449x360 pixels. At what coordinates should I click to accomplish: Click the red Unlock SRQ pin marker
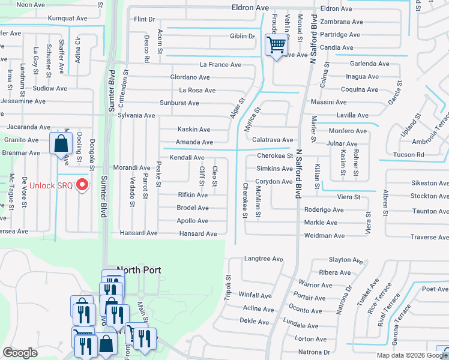click(x=83, y=184)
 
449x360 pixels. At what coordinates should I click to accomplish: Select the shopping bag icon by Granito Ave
click(x=61, y=145)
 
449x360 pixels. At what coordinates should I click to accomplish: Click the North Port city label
click(x=140, y=270)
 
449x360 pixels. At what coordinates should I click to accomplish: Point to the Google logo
click(x=20, y=353)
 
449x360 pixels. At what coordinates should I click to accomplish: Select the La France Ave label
click(x=220, y=65)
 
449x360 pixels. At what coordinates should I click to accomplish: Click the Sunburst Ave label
click(x=179, y=103)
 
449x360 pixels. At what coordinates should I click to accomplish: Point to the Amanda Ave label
click(x=194, y=142)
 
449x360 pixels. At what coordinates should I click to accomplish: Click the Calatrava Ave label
click(x=272, y=140)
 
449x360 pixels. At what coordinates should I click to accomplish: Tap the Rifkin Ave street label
click(x=193, y=195)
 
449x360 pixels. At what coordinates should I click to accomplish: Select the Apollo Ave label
click(x=193, y=221)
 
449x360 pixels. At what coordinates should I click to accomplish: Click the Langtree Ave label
click(x=263, y=259)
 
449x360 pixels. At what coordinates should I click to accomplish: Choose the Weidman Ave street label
click(x=325, y=236)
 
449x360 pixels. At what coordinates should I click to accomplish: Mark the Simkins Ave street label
click(x=274, y=170)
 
